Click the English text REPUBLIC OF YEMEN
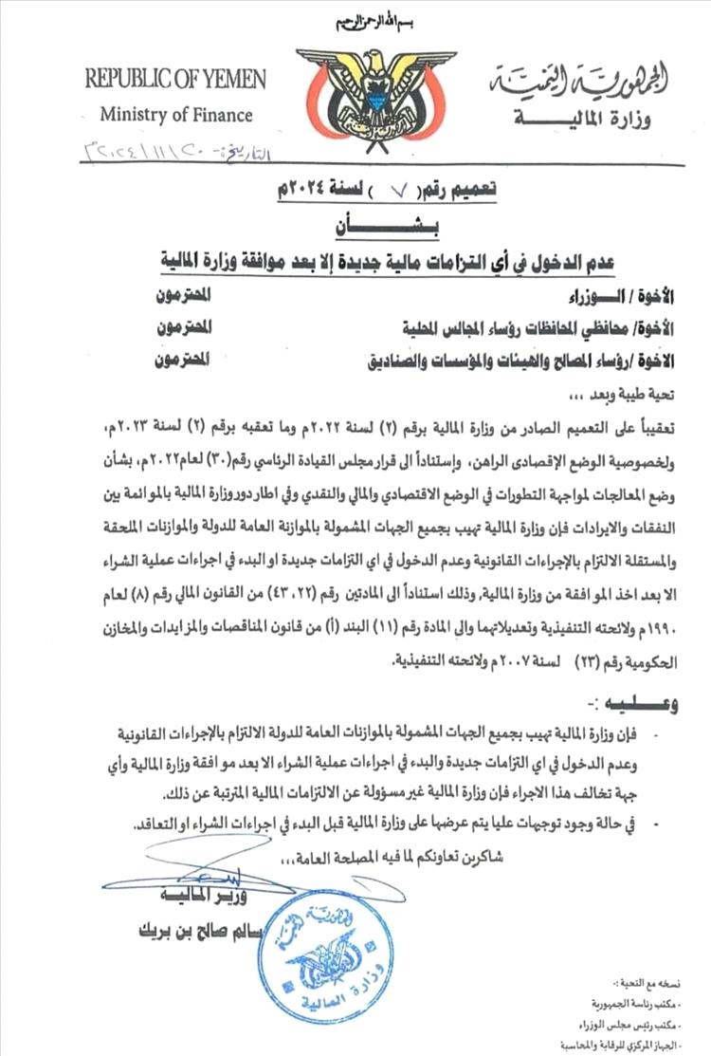click(x=175, y=79)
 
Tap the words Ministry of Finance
click(x=177, y=116)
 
